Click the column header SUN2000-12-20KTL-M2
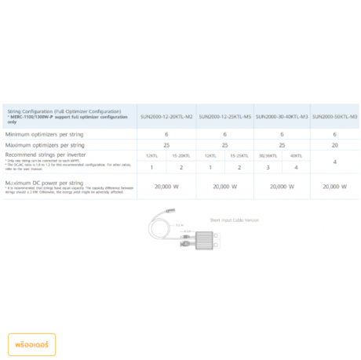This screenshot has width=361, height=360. point(166,116)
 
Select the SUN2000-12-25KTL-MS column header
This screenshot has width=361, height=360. point(225,116)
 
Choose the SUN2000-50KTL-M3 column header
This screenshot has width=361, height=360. point(334,116)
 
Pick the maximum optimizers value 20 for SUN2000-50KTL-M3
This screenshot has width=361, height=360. point(335,145)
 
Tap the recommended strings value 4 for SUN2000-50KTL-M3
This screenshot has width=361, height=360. point(335,162)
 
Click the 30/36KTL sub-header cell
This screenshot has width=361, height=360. point(268,156)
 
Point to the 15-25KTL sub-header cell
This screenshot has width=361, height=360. point(240,156)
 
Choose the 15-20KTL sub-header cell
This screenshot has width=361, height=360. point(181,156)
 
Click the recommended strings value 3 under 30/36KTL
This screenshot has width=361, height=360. point(268,168)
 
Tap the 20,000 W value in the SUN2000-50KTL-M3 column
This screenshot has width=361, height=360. point(335,187)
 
